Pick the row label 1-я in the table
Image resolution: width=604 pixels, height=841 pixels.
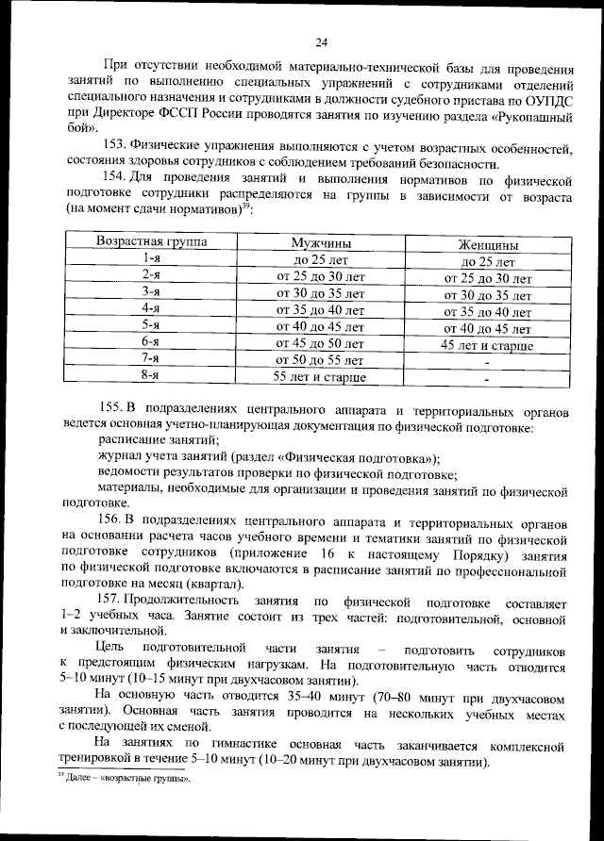[149, 257]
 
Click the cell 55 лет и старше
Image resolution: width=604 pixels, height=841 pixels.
[319, 377]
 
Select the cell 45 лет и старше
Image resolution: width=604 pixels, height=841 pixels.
[487, 346]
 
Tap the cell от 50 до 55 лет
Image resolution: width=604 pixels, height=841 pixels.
[319, 360]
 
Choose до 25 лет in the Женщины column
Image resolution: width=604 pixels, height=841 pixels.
[487, 262]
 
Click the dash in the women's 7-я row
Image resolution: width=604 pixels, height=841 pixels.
[487, 363]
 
